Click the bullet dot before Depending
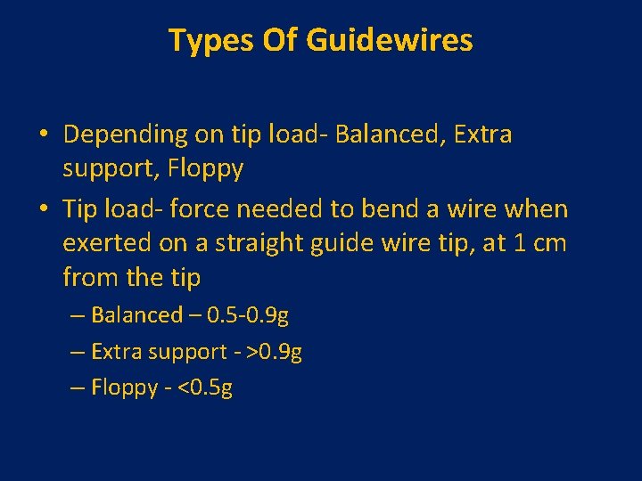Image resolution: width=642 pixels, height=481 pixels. coord(43,135)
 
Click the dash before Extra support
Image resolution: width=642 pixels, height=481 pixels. coord(78,352)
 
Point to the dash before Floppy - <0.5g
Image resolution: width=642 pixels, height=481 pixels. coord(78,388)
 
